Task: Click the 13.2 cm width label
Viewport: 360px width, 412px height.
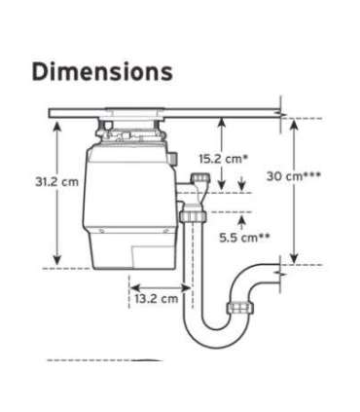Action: pos(156,298)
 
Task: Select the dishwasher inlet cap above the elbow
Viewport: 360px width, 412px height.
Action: pos(202,178)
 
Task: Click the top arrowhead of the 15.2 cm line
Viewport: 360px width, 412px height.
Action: pos(223,120)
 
